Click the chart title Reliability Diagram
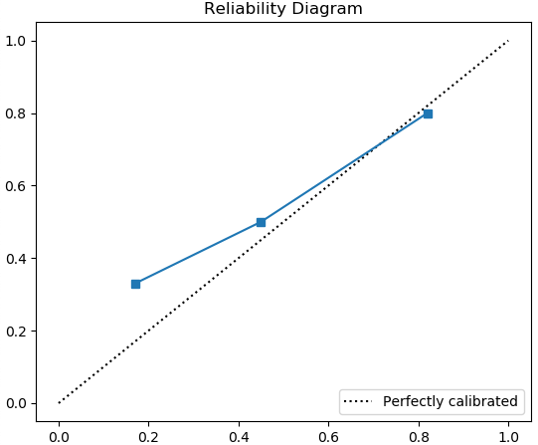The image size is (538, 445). [x=283, y=9]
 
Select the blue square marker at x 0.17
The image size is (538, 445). [x=135, y=284]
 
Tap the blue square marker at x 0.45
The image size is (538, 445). [x=261, y=222]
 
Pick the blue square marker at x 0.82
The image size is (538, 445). [x=428, y=113]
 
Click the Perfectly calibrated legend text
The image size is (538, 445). [x=449, y=402]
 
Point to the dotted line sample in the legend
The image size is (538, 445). [x=359, y=402]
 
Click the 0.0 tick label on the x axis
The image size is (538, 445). [x=59, y=435]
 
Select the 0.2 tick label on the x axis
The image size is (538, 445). [x=149, y=435]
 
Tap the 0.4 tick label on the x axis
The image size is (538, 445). [x=239, y=435]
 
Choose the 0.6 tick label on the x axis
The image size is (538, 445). [x=329, y=435]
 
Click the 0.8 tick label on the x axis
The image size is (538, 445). [x=419, y=435]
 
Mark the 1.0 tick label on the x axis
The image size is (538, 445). [x=508, y=435]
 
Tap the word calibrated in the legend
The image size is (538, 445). [x=482, y=402]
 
